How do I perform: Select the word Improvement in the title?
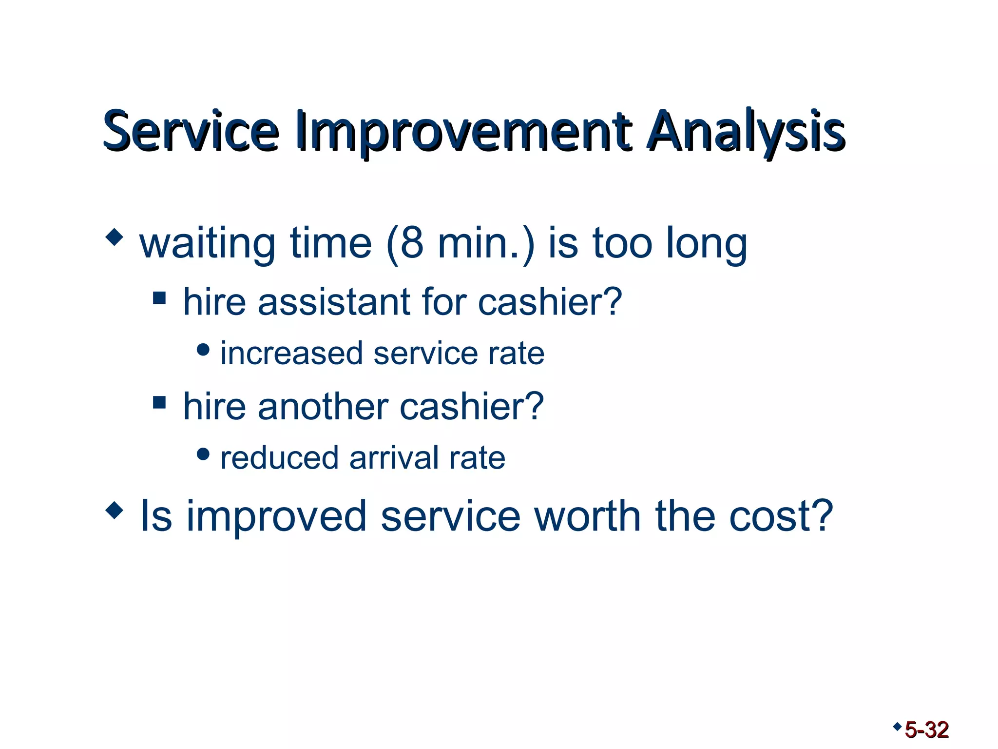(463, 131)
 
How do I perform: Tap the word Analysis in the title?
(746, 131)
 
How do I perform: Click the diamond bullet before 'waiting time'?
(114, 237)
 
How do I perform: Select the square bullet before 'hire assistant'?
(159, 297)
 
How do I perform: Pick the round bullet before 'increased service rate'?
(203, 350)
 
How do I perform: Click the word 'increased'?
(291, 353)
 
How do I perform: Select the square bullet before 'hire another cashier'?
(159, 402)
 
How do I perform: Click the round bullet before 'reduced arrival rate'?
(203, 454)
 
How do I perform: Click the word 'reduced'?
(279, 458)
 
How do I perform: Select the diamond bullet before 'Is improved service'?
(114, 511)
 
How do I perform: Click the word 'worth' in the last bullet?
(587, 516)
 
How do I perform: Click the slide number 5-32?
(926, 730)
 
